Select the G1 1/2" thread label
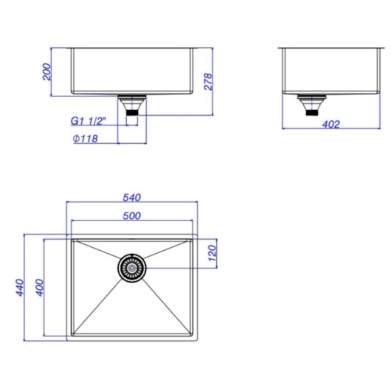(89, 121)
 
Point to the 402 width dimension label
(331, 125)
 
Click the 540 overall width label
(131, 197)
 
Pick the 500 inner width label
(131, 215)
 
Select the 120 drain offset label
(212, 254)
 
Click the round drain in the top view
(132, 268)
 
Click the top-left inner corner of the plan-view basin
(75, 241)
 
